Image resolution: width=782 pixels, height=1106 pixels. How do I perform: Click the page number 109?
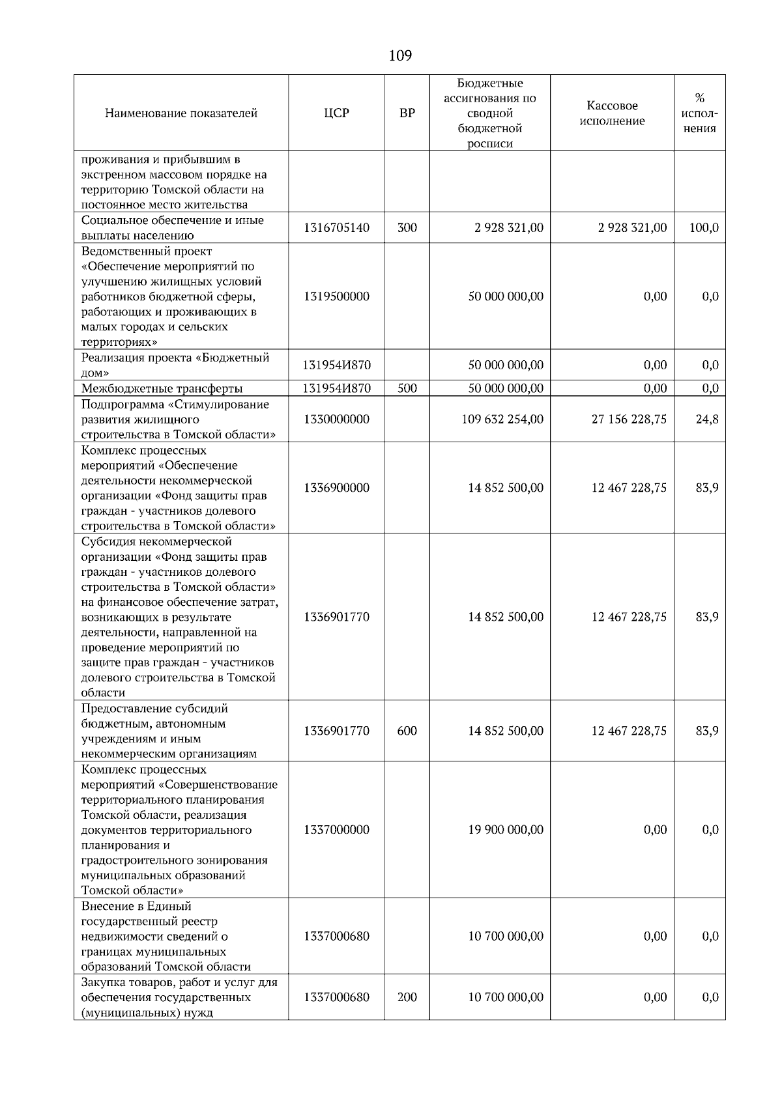(x=400, y=55)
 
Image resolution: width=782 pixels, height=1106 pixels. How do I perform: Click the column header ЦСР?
(x=336, y=113)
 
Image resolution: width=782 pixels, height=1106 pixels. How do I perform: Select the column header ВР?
(x=407, y=113)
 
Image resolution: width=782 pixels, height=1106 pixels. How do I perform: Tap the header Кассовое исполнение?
(x=612, y=113)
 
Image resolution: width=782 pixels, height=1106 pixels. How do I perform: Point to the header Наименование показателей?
(x=181, y=113)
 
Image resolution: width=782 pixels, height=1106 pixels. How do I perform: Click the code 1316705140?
(x=336, y=228)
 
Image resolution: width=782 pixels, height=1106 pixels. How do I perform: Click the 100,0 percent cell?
(x=704, y=228)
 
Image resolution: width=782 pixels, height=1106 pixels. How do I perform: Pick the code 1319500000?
(x=336, y=296)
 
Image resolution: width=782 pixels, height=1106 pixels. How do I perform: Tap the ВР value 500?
(x=407, y=388)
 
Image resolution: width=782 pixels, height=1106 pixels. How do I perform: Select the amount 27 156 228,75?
(x=629, y=419)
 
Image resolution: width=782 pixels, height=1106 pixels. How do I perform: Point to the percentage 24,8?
(x=707, y=419)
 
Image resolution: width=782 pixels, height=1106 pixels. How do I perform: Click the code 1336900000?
(x=336, y=488)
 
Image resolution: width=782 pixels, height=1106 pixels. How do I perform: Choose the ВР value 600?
(x=407, y=731)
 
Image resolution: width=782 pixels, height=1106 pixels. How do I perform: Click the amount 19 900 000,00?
(x=506, y=830)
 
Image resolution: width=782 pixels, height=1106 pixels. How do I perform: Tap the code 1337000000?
(x=336, y=830)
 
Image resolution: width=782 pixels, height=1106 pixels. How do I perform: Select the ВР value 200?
(x=407, y=997)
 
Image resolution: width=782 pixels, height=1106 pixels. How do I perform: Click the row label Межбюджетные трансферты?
(x=162, y=389)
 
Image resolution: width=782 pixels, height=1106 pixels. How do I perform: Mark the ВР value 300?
(x=407, y=228)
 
